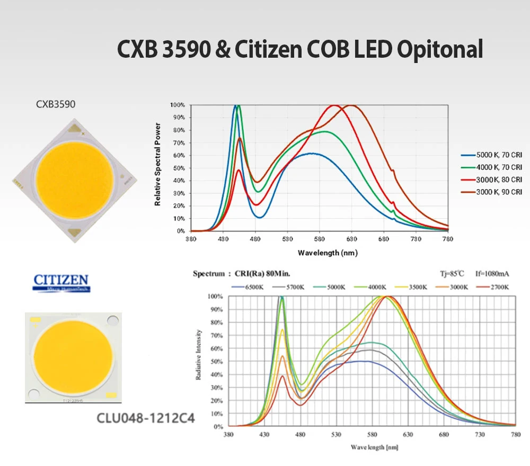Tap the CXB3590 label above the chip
coord(56,104)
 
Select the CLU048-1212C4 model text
coord(145,418)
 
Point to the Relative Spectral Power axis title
coord(157,164)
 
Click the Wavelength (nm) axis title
coord(327,253)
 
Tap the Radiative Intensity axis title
coord(198,355)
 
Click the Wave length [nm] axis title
coord(374,447)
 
